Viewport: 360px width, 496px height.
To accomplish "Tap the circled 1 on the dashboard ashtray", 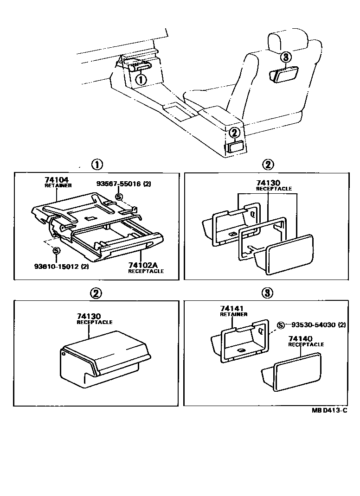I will point(141,80).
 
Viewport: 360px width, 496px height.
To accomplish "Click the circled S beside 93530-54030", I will point(281,325).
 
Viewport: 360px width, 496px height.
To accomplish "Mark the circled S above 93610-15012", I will point(56,251).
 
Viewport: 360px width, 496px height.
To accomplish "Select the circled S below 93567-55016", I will point(118,197).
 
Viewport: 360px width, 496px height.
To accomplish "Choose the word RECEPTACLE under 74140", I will point(306,345).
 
